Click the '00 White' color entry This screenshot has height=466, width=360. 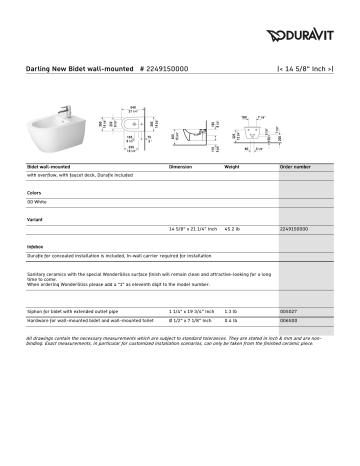point(39,201)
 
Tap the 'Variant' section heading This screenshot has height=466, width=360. point(36,217)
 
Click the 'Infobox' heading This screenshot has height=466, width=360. point(36,245)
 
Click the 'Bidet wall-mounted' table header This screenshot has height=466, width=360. point(49,166)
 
